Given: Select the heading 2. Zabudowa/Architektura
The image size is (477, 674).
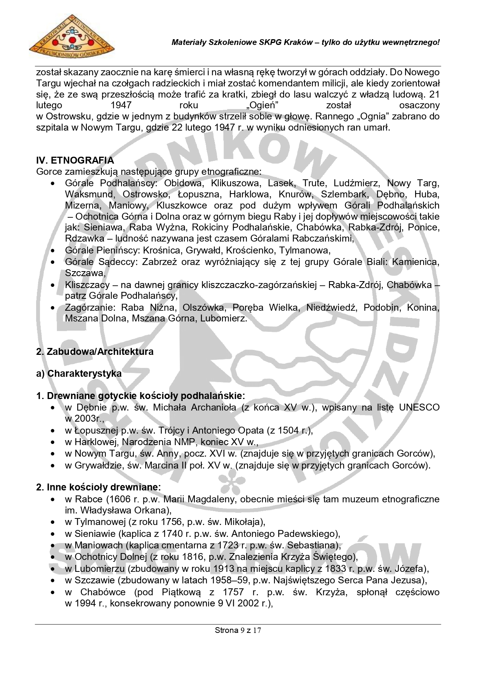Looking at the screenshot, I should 95,351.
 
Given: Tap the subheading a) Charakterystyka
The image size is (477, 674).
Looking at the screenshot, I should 79,373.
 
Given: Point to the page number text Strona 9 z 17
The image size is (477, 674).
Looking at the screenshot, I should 238,630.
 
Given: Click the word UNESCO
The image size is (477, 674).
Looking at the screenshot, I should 419,407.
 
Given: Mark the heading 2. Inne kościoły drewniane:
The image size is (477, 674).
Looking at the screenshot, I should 98,487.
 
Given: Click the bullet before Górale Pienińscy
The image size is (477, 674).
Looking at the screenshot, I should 53,251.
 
